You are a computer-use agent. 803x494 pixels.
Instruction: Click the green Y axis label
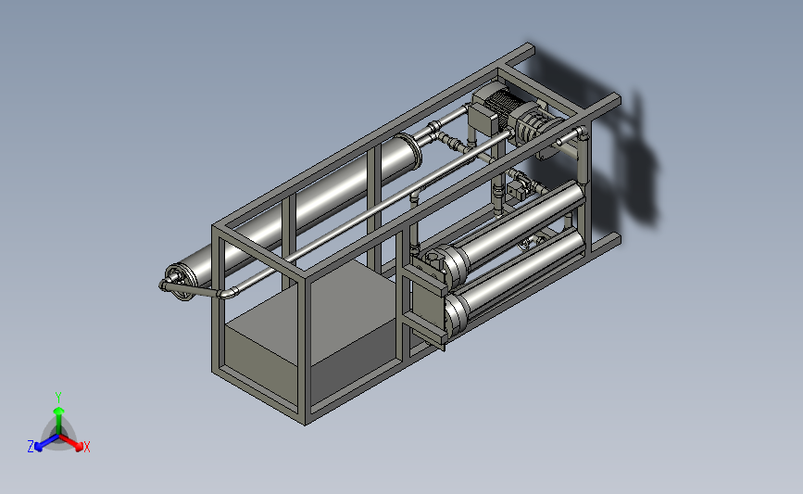point(57,398)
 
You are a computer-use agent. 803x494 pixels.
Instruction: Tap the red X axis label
point(86,447)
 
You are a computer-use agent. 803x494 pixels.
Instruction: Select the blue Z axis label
point(31,447)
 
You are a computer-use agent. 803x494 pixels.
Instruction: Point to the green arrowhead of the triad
point(58,411)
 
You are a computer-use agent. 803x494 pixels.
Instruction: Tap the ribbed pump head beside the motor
point(531,125)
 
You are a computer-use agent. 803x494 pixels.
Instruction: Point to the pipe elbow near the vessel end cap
point(228,293)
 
